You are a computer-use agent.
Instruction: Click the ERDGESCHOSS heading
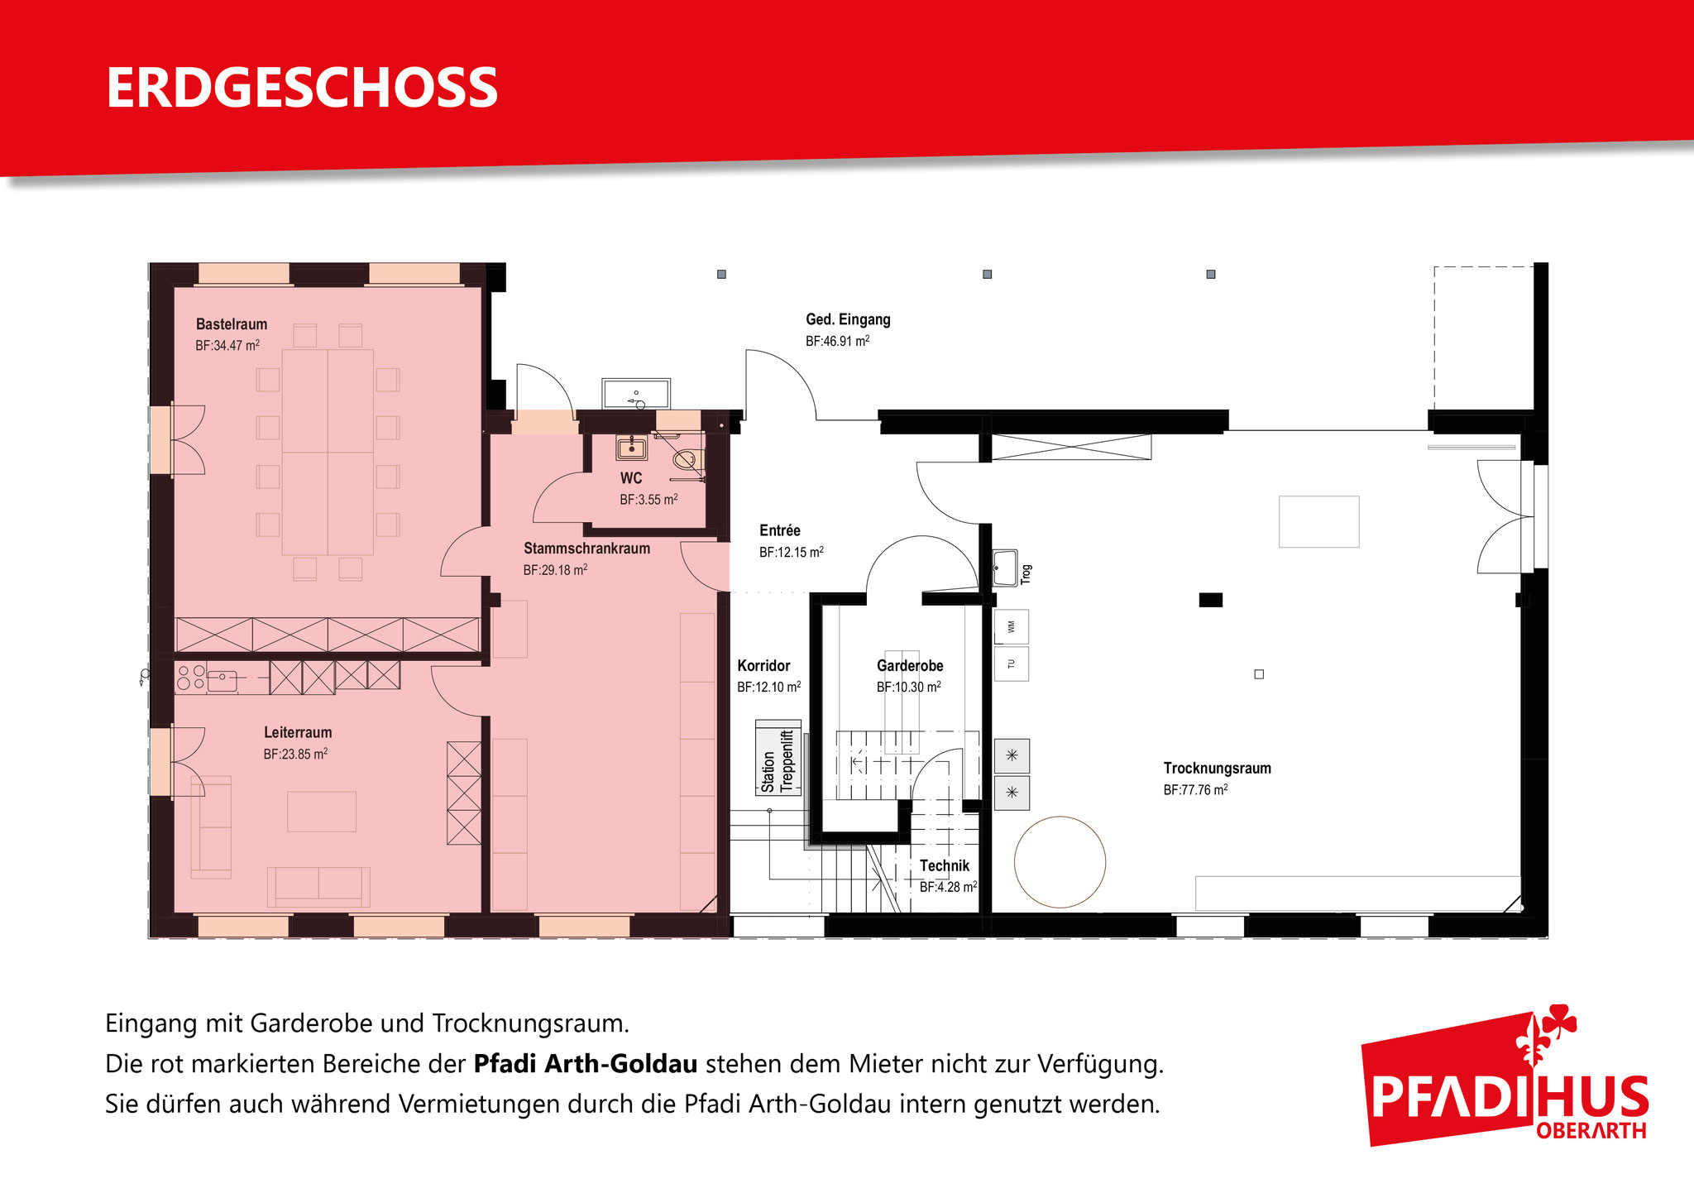[302, 88]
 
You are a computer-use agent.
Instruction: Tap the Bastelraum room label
[232, 324]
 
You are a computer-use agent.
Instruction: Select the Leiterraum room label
[298, 732]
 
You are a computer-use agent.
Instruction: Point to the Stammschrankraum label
[586, 549]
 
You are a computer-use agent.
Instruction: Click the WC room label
[631, 478]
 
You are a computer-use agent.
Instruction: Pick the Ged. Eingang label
[848, 319]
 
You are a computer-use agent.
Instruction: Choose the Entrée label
[780, 530]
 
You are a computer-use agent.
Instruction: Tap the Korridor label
[763, 665]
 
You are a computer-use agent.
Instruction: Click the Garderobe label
[910, 665]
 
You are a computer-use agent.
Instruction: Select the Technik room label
[945, 865]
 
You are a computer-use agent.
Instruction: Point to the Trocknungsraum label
[1217, 768]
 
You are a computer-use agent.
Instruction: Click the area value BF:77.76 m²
[1195, 790]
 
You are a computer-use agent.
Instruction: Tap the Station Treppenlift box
[778, 758]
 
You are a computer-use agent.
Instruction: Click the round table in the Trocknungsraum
[1060, 861]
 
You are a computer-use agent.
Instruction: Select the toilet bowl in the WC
[687, 459]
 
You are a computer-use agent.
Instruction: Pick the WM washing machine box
[1011, 627]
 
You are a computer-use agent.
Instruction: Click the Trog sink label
[1026, 574]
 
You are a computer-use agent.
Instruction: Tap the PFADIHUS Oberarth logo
[1505, 1076]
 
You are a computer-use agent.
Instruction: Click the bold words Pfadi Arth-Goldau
[586, 1064]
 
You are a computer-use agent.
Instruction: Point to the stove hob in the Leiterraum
[191, 677]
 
